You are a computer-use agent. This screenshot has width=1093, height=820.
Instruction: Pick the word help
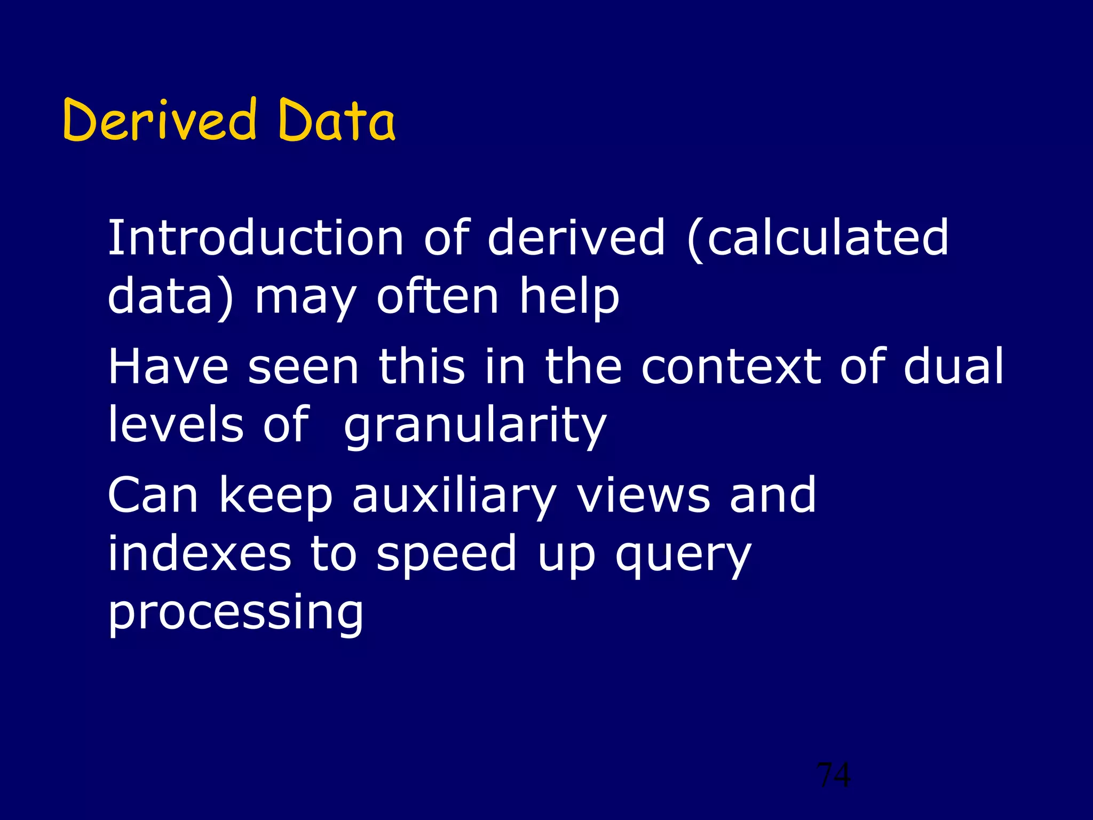point(569,297)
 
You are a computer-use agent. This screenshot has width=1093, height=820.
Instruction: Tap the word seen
point(303,367)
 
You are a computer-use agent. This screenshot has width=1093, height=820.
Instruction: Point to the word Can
point(154,495)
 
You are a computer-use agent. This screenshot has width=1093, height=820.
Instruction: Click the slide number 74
point(834,775)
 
